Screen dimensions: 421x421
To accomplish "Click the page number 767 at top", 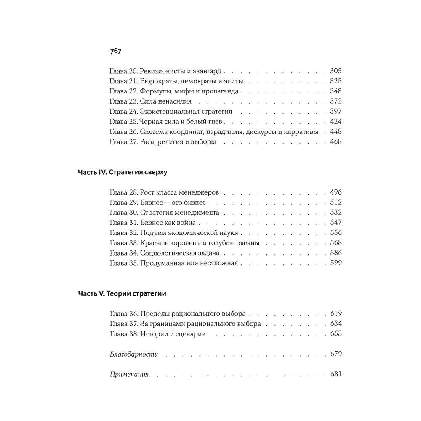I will [115, 51].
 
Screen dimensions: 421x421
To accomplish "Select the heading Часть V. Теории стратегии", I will [122, 293].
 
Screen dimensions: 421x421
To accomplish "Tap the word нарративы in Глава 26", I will [300, 132].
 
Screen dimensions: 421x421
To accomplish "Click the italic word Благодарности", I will [133, 354].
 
